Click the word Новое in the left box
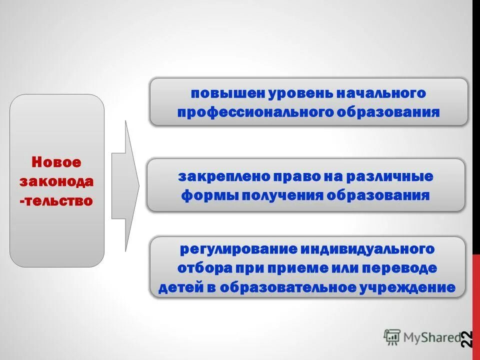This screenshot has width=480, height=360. point(56,162)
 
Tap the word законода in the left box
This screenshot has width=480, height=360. point(56,181)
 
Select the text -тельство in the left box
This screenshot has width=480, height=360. point(56,201)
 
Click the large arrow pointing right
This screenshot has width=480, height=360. point(125,186)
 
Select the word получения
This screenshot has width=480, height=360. point(283,195)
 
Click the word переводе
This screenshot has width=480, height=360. point(400,268)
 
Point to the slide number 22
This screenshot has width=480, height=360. point(467,338)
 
